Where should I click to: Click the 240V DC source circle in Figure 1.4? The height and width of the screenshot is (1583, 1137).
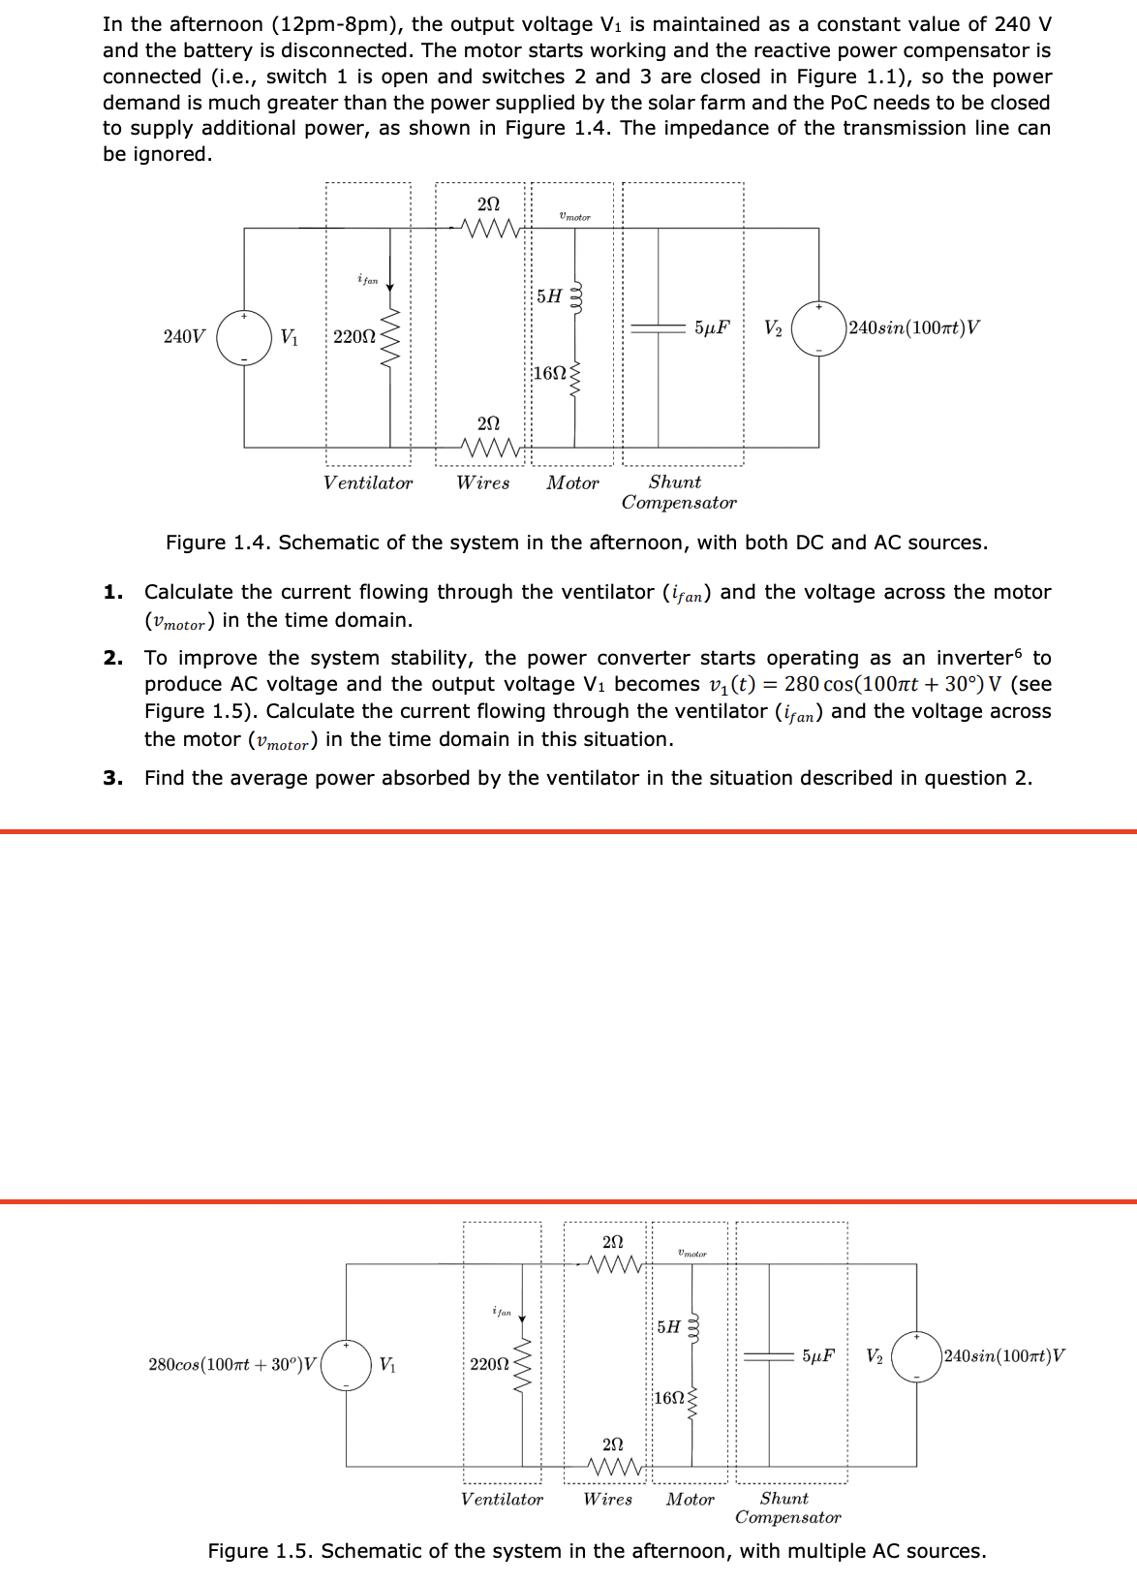tap(244, 337)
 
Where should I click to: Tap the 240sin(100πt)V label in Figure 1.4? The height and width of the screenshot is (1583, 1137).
tap(913, 327)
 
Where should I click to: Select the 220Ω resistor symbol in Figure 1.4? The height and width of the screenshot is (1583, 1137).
tap(390, 338)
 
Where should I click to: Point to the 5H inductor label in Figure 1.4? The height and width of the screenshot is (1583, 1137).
tap(549, 295)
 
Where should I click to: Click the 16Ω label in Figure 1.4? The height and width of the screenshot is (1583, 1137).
tap(549, 373)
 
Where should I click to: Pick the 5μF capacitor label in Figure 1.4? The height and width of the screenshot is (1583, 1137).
tap(712, 327)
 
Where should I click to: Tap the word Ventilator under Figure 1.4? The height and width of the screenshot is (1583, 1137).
tap(368, 482)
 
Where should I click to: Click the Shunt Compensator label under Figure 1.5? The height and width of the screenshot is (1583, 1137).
tap(787, 1507)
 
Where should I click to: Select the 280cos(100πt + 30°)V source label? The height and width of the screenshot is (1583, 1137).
tap(232, 1364)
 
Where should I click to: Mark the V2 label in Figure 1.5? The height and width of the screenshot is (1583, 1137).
tap(874, 1355)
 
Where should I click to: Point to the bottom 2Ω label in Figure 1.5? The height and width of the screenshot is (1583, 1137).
tap(612, 1444)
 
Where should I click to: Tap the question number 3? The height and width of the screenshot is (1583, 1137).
tap(112, 778)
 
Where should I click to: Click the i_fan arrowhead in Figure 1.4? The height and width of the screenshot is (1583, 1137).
tap(390, 287)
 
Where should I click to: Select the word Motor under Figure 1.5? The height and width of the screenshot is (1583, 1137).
tap(690, 1499)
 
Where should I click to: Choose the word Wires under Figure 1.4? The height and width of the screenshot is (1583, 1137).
tap(483, 482)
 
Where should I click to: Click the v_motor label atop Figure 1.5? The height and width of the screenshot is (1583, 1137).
tap(692, 1254)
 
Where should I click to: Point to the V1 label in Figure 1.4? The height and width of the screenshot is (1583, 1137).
tap(289, 336)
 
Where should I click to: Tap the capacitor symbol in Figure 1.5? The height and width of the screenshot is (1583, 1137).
tap(769, 1356)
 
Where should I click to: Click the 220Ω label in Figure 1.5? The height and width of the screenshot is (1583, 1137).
tap(489, 1364)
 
